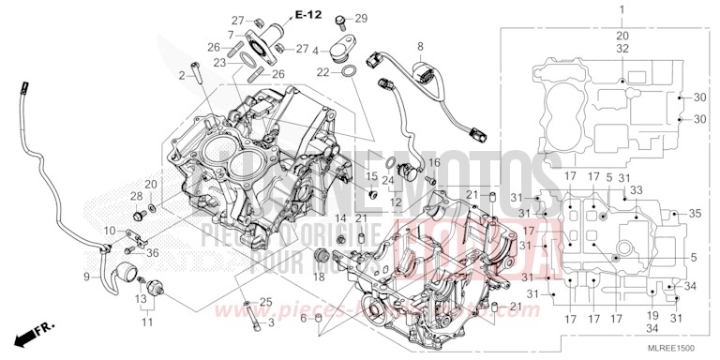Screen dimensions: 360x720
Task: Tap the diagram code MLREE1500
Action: pos(677,348)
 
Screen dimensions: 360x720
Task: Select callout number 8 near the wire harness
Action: pos(421,45)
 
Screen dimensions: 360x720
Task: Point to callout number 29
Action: pos(362,18)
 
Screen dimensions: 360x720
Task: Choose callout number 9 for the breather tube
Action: pos(87,277)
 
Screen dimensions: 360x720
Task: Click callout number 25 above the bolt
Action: pos(266,301)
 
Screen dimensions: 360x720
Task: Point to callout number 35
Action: pos(695,214)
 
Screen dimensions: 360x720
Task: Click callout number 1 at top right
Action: pos(620,8)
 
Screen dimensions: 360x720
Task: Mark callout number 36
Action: pos(154,251)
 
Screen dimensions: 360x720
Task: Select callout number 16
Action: pos(434,162)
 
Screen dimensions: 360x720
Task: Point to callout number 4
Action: pos(317,52)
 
